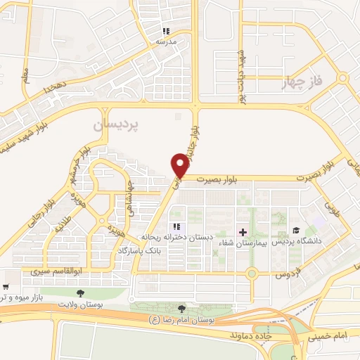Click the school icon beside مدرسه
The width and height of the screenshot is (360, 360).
(167, 31)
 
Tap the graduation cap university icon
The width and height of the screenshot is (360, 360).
(296, 231)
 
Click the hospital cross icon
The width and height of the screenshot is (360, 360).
(243, 231)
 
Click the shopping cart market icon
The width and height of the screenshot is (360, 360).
(6, 287)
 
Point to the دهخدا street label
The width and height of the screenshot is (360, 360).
(53, 87)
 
